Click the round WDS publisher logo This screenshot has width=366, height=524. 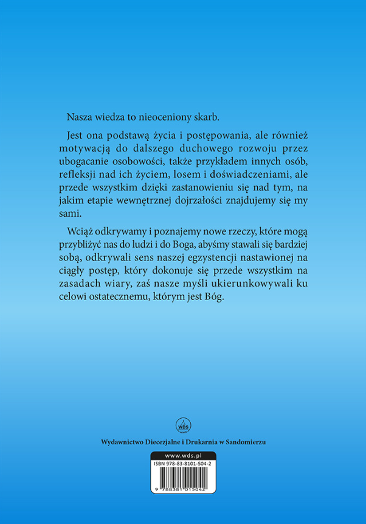182,424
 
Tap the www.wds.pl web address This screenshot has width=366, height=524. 182,455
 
